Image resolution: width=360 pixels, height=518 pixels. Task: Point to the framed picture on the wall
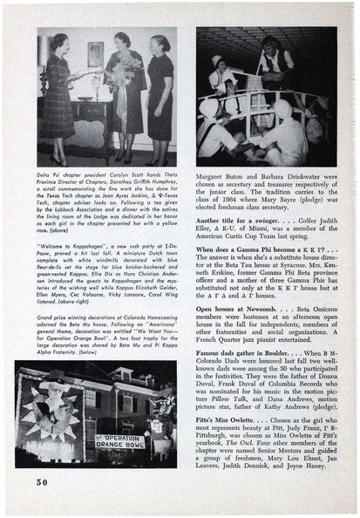tap(93, 53)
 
